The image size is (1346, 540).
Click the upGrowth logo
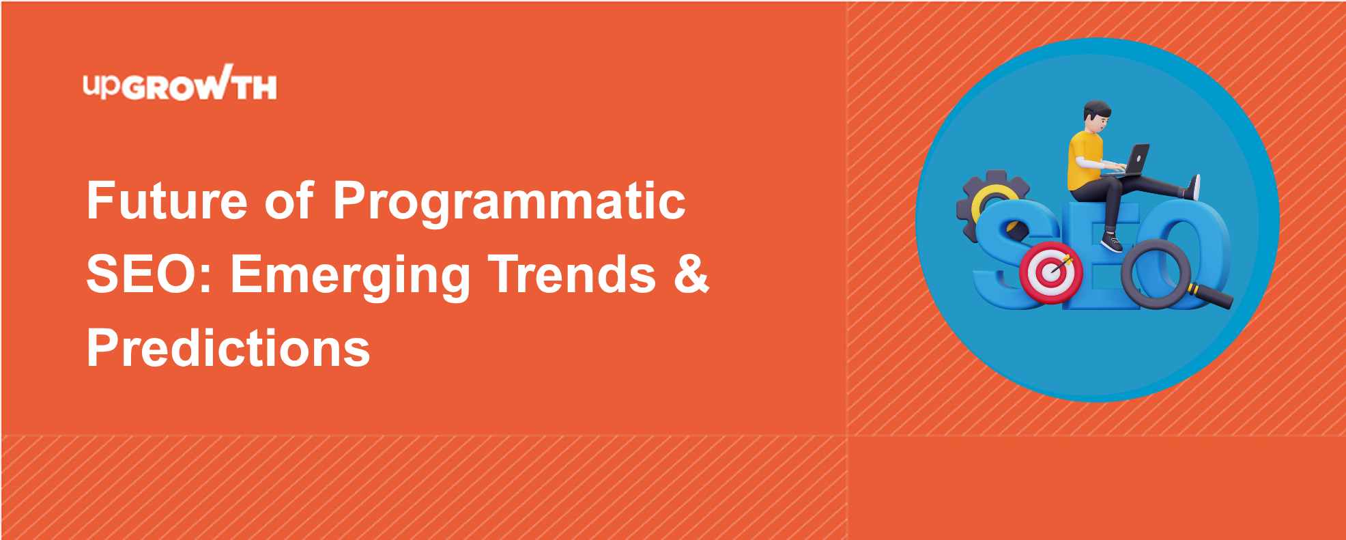click(x=180, y=83)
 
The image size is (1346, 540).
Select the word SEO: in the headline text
click(x=149, y=274)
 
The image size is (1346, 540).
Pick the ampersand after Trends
click(x=691, y=274)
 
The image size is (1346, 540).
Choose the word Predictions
click(x=229, y=348)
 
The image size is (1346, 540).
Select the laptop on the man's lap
click(x=1134, y=160)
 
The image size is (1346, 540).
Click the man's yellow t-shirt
click(x=1085, y=160)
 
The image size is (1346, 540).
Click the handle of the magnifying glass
click(x=1211, y=296)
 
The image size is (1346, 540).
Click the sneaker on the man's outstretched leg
click(x=1194, y=187)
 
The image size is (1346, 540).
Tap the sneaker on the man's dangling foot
click(x=1111, y=242)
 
